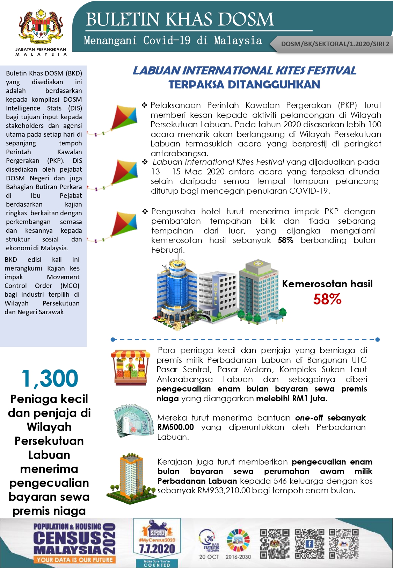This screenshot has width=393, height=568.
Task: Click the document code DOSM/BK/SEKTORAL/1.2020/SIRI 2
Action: (x=335, y=44)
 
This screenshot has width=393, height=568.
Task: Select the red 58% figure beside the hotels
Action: (x=327, y=299)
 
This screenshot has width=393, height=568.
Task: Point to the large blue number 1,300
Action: (x=50, y=378)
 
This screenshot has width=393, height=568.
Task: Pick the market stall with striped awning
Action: (x=130, y=367)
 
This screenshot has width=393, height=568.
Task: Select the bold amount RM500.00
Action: (x=175, y=427)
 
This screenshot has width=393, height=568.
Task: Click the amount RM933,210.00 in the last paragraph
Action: (x=224, y=490)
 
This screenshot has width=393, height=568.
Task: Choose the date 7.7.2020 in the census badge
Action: (x=157, y=549)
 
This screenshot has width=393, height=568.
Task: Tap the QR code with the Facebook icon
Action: (x=309, y=544)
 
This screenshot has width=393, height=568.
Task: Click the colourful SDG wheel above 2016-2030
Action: (x=238, y=540)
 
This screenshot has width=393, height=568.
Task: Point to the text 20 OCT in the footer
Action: (x=209, y=557)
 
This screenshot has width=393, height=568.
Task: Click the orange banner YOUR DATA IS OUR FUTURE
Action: (x=74, y=560)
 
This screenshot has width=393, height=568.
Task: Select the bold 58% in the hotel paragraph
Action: (x=285, y=240)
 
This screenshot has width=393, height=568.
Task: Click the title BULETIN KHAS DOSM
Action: (x=180, y=20)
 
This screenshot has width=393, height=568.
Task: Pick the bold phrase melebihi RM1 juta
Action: (x=291, y=398)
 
